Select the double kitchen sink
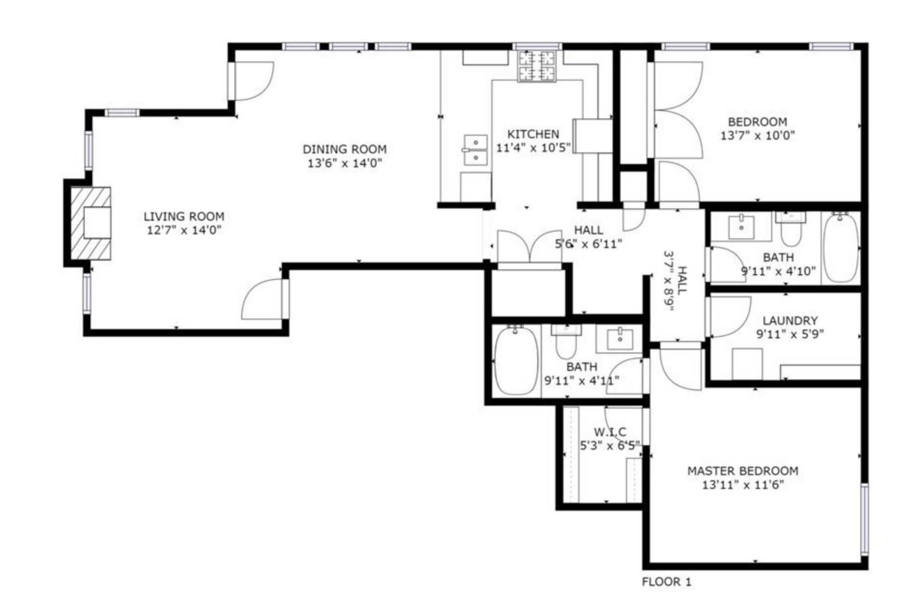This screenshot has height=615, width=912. pos(476,150)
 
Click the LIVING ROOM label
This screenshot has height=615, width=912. pos(184,216)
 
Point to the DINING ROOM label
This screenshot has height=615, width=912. pos(344,149)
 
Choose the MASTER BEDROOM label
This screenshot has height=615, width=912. pos(743,470)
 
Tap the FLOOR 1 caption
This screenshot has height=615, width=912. pos(666,582)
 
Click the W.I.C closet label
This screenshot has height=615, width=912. pos(610,432)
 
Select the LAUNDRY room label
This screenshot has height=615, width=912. pos(790,320)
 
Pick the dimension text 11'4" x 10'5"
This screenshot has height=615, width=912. pos(533,147)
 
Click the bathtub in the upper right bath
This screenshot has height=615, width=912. pos(841,248)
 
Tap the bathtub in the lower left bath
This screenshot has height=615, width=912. pos(516,361)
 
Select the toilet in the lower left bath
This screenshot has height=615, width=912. pos(567,340)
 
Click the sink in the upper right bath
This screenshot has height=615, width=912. pos(741,227)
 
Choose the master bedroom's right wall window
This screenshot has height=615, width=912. pos(864,518)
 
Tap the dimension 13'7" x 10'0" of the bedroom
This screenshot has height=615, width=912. pos(758,135)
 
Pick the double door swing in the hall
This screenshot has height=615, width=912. pos(530,248)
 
